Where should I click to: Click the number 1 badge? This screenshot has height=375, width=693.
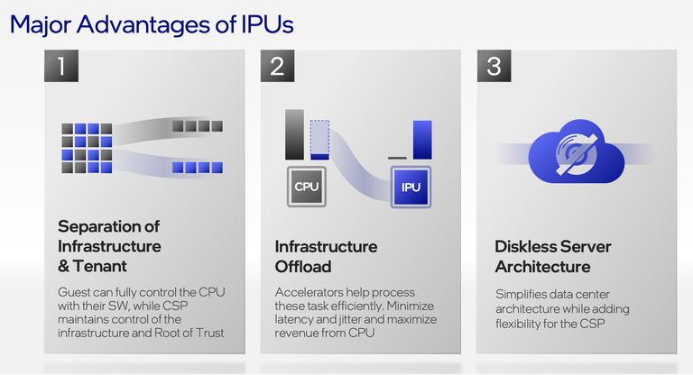click(60, 66)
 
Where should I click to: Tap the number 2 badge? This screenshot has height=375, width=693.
click(277, 66)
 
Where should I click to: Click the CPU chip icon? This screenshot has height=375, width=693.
click(307, 187)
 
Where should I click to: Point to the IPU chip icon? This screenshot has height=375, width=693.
click(411, 187)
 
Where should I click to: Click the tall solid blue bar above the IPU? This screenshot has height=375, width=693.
click(422, 139)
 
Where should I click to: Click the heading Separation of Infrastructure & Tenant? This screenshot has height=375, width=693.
click(109, 245)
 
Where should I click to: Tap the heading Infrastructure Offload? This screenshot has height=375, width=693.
click(326, 256)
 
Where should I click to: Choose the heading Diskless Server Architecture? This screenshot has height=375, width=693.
click(552, 256)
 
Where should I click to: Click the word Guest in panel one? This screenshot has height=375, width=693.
click(75, 293)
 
